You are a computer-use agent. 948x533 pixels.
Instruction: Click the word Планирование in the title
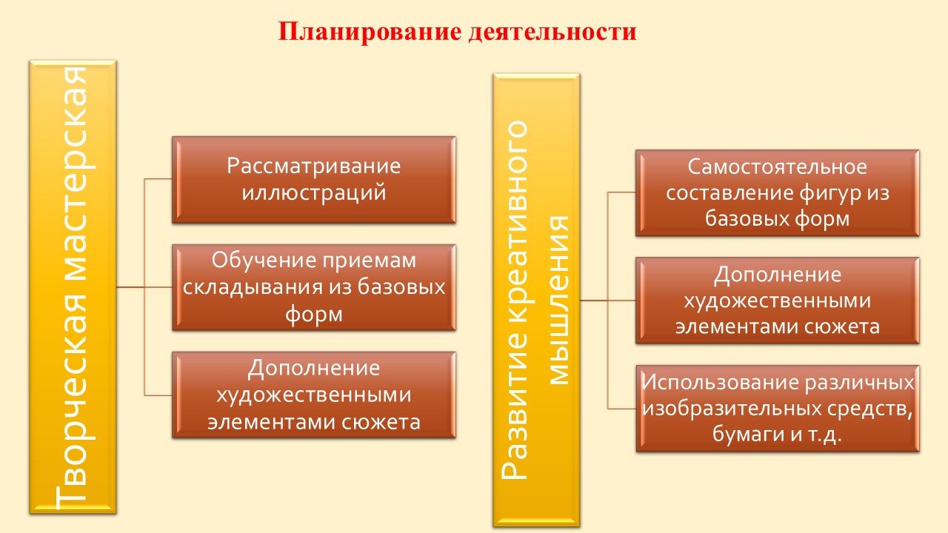pos(370,32)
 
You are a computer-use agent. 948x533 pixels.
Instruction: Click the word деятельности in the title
pos(553,32)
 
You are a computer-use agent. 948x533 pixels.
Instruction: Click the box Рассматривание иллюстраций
pos(314,180)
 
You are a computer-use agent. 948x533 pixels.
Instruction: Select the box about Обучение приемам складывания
pos(314,288)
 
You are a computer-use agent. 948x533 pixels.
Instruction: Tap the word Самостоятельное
pos(777,167)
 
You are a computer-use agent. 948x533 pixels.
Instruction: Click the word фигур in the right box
pos(830,194)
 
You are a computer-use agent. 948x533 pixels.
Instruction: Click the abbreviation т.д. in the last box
pos(825,435)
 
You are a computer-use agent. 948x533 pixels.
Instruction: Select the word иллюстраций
pos(314,194)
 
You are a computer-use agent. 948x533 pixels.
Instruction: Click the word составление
pos(730,193)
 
